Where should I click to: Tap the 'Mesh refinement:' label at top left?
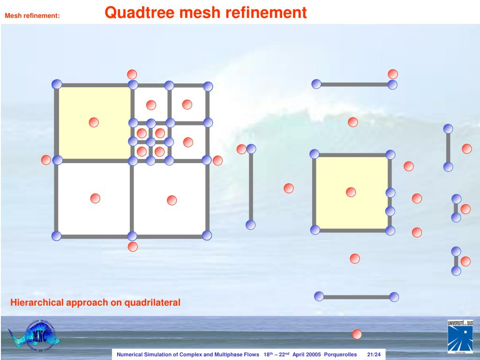click(32, 16)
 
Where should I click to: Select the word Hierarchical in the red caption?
click(37, 303)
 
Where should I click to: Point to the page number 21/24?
click(374, 354)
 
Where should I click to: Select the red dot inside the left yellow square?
click(94, 122)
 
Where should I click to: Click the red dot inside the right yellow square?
click(351, 192)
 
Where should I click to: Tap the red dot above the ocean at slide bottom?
click(357, 334)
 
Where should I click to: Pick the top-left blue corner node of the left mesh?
click(57, 84)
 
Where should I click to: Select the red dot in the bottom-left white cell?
click(95, 198)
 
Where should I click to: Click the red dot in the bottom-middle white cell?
click(172, 200)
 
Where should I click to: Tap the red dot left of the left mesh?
click(46, 160)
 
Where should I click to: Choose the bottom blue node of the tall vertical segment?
click(251, 225)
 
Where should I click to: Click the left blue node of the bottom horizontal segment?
click(319, 296)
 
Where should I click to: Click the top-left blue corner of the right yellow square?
click(315, 154)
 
